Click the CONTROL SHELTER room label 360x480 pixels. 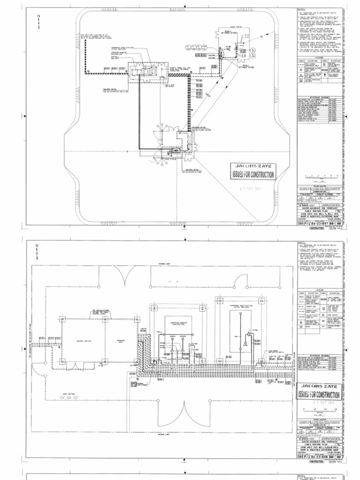(82, 341)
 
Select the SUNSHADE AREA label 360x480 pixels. (112, 341)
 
